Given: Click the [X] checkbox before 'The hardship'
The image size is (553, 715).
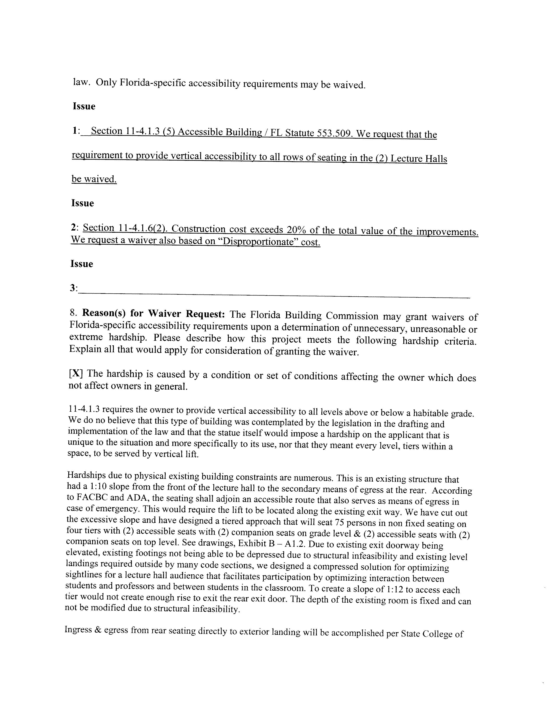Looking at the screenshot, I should click(76, 374).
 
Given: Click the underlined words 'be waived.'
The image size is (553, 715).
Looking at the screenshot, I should click(94, 179).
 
